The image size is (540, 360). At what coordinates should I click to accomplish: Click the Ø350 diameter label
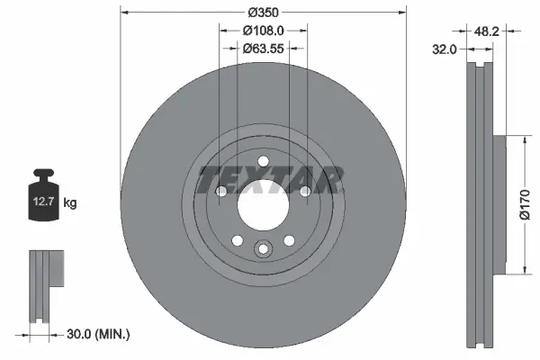[263, 13]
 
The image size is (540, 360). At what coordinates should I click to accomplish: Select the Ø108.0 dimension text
[263, 30]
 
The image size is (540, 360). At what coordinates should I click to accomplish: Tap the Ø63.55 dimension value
[263, 48]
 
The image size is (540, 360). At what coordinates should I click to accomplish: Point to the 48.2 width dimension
[487, 31]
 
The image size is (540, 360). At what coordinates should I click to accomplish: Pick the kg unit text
[70, 204]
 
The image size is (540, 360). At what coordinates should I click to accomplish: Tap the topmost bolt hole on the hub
[263, 162]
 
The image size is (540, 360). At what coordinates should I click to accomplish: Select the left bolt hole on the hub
[221, 192]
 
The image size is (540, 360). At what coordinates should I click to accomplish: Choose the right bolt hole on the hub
[304, 192]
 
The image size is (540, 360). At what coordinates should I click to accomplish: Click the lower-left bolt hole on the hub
[237, 240]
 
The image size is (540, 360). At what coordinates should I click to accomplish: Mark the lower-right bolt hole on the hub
[289, 240]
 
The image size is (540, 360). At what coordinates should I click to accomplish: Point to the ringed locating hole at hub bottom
[263, 251]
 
